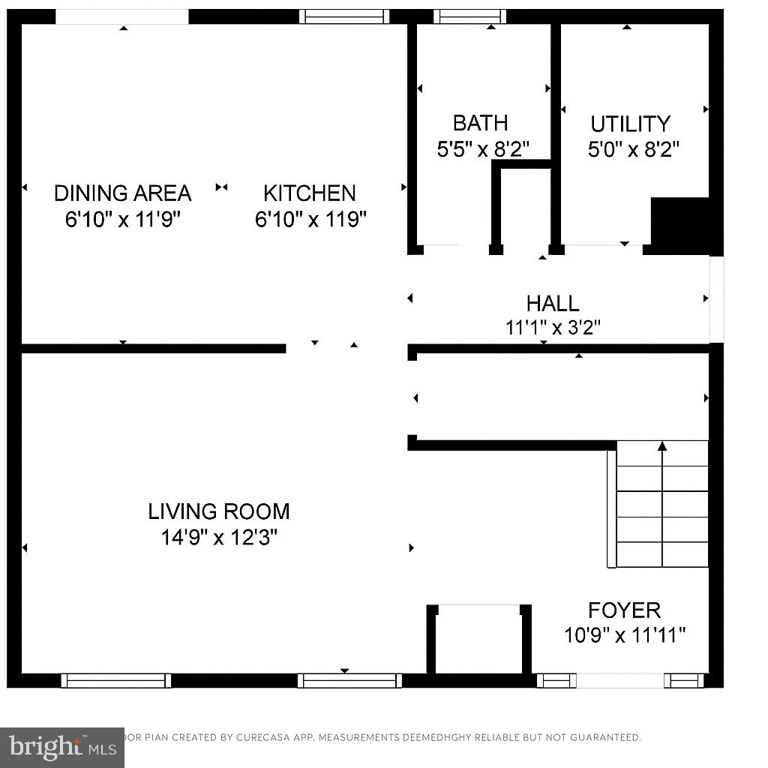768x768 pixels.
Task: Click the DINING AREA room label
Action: coord(122,193)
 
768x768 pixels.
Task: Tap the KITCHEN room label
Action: coord(309,193)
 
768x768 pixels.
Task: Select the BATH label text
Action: coord(480,123)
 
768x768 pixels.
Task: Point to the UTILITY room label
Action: coord(630,124)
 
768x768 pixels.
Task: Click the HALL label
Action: coord(553,304)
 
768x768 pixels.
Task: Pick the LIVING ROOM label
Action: coord(218,512)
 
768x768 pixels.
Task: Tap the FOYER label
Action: coord(624,610)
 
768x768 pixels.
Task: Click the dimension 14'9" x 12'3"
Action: coord(218,538)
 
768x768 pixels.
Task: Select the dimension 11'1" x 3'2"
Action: coord(553,328)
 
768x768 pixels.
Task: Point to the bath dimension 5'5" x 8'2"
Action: coord(483,148)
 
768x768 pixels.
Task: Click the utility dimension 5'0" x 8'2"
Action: coord(633,149)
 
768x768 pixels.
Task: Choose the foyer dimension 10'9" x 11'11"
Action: coord(625,636)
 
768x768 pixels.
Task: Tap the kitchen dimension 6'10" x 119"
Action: coord(310,220)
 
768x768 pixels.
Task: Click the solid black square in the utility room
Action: coord(679,221)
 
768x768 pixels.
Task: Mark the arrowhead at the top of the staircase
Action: coord(662,446)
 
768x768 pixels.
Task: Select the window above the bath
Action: coord(470,16)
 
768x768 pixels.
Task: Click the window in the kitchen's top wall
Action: coord(344,16)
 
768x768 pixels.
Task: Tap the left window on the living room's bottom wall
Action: coord(116,680)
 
